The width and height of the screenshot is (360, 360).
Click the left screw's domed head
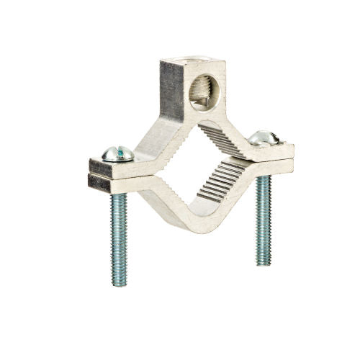(118, 153)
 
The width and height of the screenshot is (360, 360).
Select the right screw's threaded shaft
(263, 216)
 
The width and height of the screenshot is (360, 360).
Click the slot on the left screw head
(117, 151)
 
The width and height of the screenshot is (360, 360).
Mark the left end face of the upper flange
(99, 166)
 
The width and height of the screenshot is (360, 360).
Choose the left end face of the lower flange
(99, 183)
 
